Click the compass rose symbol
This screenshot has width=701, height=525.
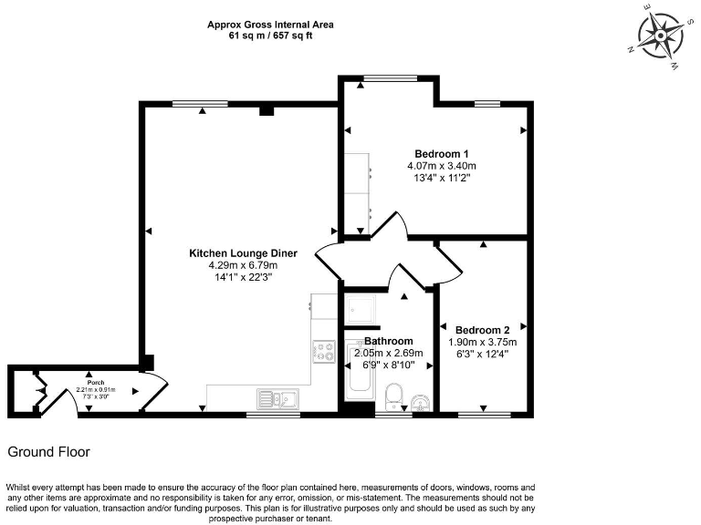(x=660, y=37)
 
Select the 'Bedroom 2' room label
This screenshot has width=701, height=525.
(x=483, y=329)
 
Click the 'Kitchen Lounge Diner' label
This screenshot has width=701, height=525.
(x=229, y=253)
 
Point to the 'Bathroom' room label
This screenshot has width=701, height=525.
(x=389, y=341)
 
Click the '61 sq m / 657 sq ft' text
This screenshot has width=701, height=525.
(x=269, y=36)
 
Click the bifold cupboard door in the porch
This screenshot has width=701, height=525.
(x=37, y=391)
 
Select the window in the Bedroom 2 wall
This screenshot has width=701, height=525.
(x=484, y=415)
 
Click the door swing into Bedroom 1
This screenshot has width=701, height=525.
(x=388, y=226)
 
